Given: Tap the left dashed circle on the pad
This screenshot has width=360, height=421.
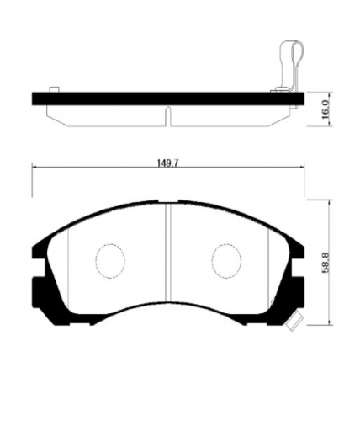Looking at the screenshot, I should click(107, 260).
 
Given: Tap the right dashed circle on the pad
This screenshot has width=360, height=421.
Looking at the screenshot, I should click(225, 260).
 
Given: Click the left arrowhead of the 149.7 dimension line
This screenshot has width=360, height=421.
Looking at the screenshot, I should click(34, 165).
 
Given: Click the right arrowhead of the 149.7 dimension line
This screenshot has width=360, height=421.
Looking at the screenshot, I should click(301, 165).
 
